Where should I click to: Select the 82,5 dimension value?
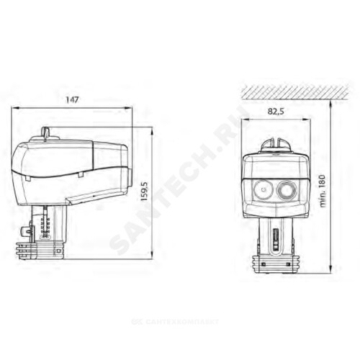[276, 112]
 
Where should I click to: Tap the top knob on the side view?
[45, 132]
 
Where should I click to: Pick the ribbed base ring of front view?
[274, 265]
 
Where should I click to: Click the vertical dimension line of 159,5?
[152, 192]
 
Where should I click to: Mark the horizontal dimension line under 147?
[73, 108]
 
